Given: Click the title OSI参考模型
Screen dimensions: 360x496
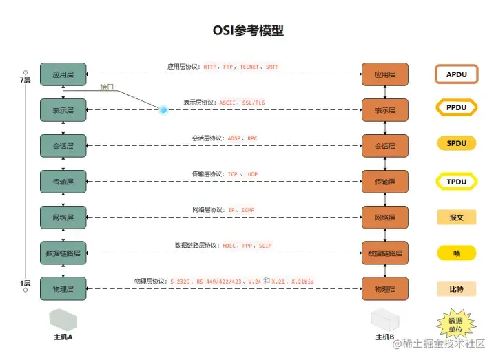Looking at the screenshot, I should [247, 30].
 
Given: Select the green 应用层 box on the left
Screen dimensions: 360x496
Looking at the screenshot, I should [63, 74].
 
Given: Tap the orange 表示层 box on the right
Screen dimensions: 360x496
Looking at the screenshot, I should [385, 110].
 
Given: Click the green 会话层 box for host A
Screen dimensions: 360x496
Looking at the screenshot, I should [63, 146].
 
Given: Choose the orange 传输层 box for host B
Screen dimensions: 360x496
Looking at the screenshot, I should [385, 182].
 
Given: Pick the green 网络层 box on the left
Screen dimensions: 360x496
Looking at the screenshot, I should [63, 218].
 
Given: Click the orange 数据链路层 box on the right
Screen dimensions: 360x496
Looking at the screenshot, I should [385, 253].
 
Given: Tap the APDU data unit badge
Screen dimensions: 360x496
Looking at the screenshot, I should [456, 74].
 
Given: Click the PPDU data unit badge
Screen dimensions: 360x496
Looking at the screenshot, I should [456, 108].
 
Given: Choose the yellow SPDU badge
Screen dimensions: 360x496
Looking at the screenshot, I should [456, 144].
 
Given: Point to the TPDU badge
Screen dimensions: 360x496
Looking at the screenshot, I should [456, 181].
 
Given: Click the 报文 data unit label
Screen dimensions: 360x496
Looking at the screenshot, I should [456, 218].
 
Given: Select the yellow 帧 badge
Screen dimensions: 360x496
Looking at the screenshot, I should [456, 253].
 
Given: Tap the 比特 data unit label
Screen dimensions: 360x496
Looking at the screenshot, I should [456, 288].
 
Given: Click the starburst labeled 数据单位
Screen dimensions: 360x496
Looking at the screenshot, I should [456, 324].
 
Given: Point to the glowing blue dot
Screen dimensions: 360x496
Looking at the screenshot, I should [163, 109].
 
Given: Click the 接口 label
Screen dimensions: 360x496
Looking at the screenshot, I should [107, 87].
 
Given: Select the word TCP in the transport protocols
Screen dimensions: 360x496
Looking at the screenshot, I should [233, 175].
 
